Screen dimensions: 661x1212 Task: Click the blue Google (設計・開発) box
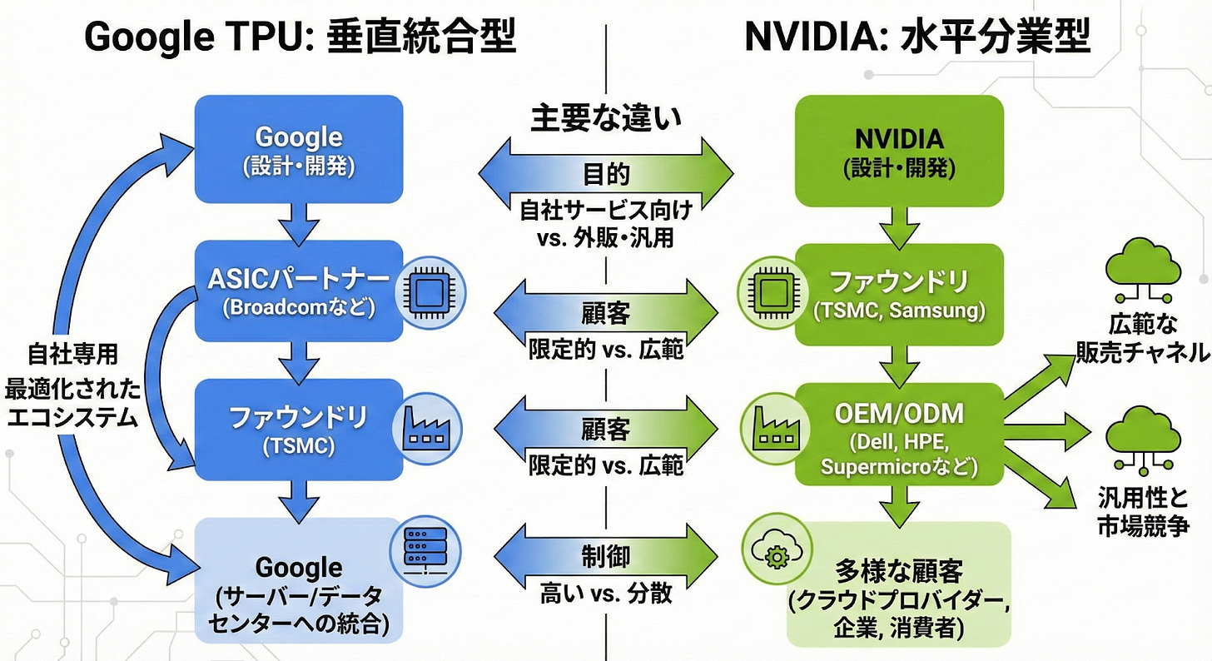point(298,150)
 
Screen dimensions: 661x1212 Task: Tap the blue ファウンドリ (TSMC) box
point(298,429)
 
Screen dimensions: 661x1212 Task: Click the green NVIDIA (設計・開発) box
point(899,150)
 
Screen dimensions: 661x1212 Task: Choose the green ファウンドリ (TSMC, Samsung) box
point(899,294)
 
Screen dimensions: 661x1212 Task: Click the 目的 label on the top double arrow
point(605,174)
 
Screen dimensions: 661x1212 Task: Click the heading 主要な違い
point(605,118)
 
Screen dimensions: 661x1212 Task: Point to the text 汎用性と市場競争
point(1145,512)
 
